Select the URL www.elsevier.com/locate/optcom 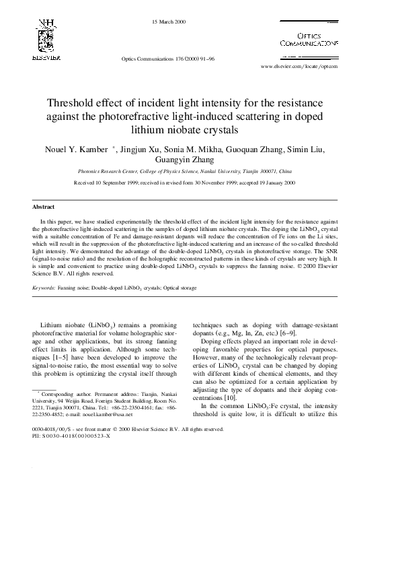298,67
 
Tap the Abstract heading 43,207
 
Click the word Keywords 44,288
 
